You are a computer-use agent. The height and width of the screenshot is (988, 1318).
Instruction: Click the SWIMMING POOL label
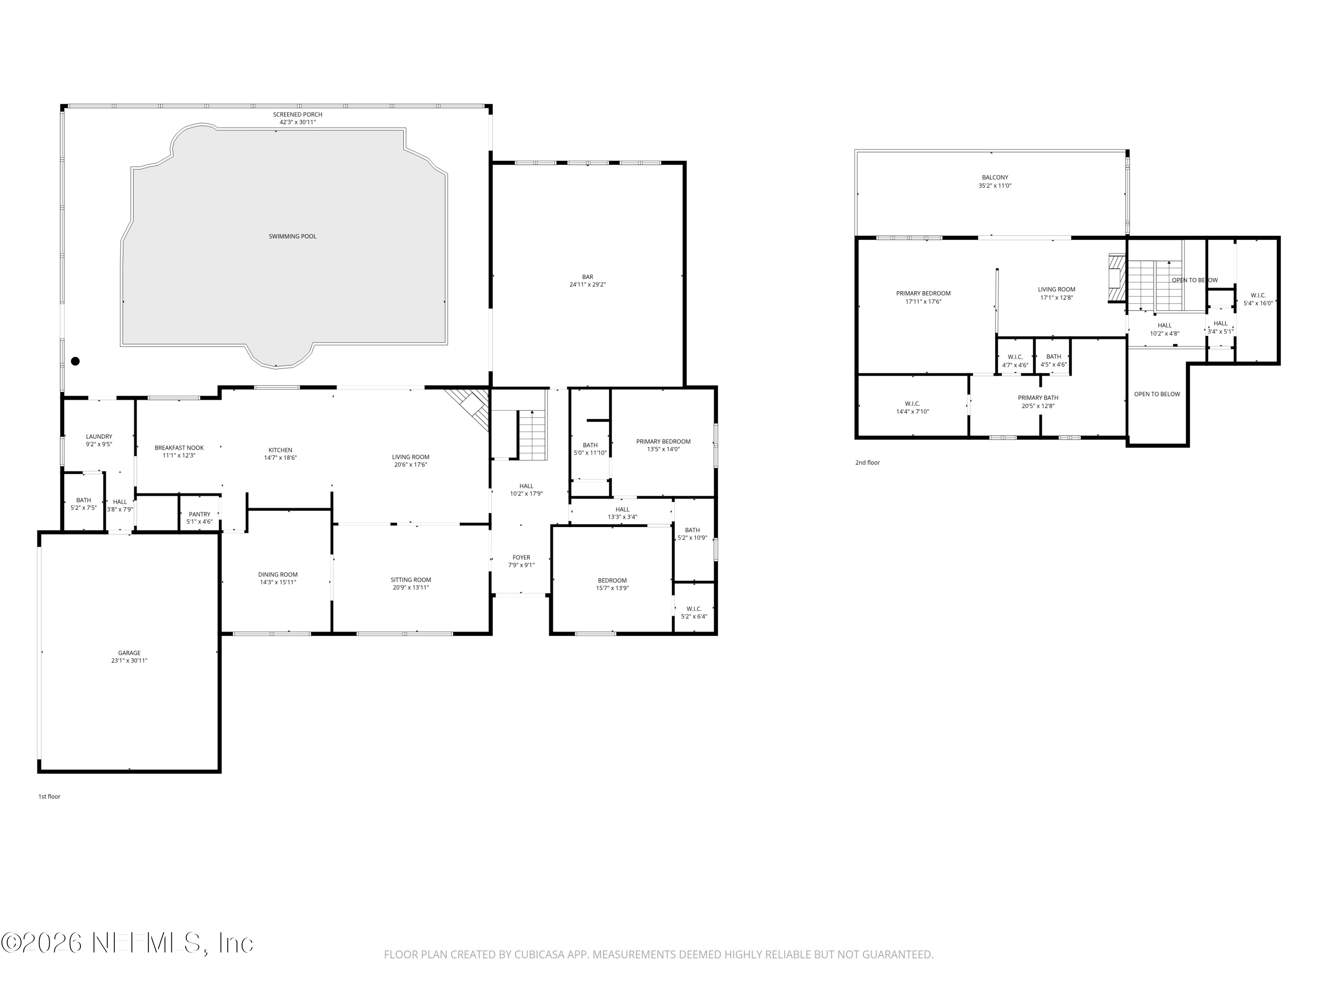point(293,236)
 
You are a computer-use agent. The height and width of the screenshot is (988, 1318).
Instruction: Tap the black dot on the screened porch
point(75,361)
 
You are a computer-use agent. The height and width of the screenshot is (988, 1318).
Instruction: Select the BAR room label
point(587,277)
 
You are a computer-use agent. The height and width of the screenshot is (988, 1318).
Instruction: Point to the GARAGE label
point(129,653)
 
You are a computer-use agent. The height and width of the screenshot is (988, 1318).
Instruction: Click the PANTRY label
point(199,514)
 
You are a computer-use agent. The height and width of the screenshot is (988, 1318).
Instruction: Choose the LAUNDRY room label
point(99,436)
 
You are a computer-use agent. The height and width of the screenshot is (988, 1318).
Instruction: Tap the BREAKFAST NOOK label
point(179,448)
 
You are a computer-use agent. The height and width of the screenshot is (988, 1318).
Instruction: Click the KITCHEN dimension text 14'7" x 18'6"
point(281,458)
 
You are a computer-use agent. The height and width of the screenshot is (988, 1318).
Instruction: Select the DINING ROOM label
point(278,575)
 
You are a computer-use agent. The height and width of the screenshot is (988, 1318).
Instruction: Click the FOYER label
point(521,557)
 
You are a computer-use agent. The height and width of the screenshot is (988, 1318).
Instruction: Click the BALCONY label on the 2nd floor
point(995,177)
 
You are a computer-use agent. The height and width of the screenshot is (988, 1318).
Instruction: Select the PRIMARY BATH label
point(1038,398)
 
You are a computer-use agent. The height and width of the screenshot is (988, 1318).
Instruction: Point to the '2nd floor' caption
point(868,462)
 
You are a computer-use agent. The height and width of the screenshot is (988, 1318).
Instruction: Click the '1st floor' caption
point(50,796)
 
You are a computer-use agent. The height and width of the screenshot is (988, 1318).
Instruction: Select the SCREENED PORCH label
point(298,114)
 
